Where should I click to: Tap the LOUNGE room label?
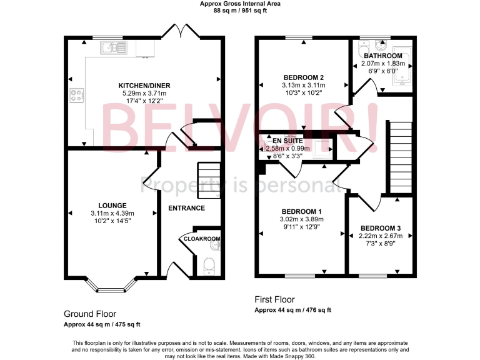112,205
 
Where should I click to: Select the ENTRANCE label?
186,208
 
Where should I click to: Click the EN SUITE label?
287,141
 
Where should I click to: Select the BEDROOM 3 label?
380,228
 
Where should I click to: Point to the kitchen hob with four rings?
78,96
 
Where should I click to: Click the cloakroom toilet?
209,265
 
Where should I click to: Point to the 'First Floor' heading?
274,299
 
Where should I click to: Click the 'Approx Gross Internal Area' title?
240,4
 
